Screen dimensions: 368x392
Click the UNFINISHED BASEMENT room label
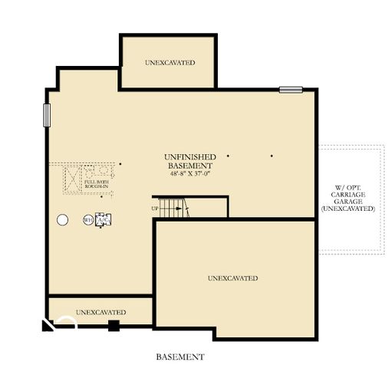190,161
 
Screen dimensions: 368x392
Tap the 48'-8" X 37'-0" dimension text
190,174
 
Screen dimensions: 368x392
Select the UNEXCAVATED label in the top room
170,62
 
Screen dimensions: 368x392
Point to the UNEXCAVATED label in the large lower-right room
232,278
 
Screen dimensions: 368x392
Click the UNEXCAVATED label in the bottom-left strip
100,312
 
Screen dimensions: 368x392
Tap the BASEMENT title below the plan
180,356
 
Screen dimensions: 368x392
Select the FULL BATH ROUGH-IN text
96,183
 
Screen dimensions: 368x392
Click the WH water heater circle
88,220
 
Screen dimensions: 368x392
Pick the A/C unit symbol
104,220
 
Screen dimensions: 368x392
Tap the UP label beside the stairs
155,208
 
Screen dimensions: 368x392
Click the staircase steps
174,208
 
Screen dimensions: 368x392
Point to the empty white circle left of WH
62,220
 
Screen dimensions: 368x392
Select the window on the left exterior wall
47,117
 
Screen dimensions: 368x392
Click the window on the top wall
291,90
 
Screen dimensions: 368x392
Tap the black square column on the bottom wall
114,325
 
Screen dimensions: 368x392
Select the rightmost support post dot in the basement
272,156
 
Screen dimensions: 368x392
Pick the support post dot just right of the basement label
228,156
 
